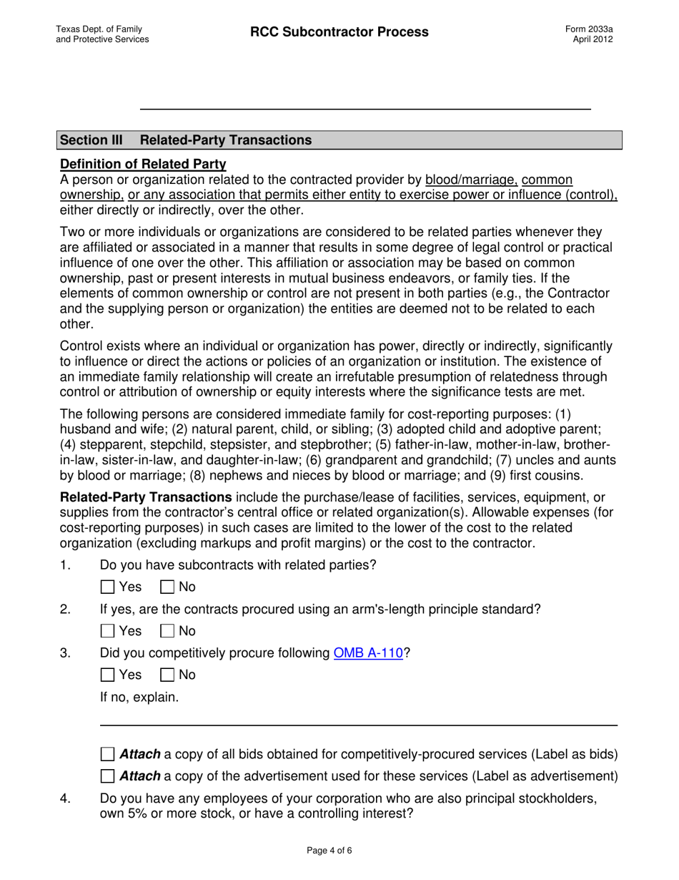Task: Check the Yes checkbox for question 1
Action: pos(107,587)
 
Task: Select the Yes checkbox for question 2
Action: pos(107,631)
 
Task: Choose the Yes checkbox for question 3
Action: pos(107,675)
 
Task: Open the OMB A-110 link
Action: pos(369,653)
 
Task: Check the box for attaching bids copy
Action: pos(107,754)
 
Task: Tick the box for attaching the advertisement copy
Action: pos(107,776)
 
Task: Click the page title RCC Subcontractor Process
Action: pos(339,32)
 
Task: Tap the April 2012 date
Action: pos(593,39)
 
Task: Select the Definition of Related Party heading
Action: pos(143,164)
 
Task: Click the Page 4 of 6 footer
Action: pos(339,851)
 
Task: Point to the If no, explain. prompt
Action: pos(139,697)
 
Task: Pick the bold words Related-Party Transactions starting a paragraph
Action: pos(146,497)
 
